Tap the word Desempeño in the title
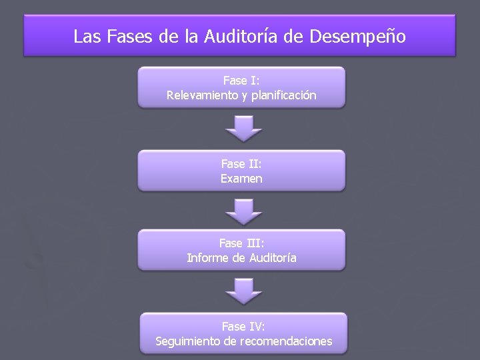[x=357, y=36]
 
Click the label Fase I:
[x=241, y=81]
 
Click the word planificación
[x=283, y=95]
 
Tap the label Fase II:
[x=241, y=163]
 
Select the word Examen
[x=241, y=178]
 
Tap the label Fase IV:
[x=243, y=327]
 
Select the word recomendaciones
[x=288, y=341]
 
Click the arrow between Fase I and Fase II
[x=243, y=129]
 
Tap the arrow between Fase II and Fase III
[x=243, y=211]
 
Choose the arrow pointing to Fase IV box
[x=243, y=291]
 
